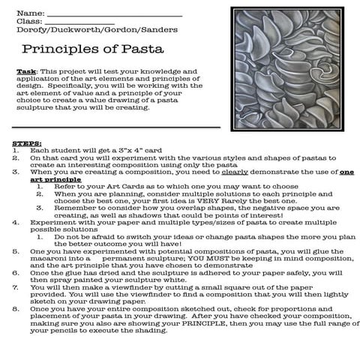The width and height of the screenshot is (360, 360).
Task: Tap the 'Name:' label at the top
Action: [28, 13]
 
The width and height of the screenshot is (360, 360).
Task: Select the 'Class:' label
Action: [28, 21]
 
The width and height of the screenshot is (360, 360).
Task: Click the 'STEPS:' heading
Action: [27, 142]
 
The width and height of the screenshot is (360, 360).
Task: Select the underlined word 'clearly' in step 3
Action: [241, 172]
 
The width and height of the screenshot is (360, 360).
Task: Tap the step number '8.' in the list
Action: [16, 309]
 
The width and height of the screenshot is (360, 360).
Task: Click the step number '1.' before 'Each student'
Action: [16, 150]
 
